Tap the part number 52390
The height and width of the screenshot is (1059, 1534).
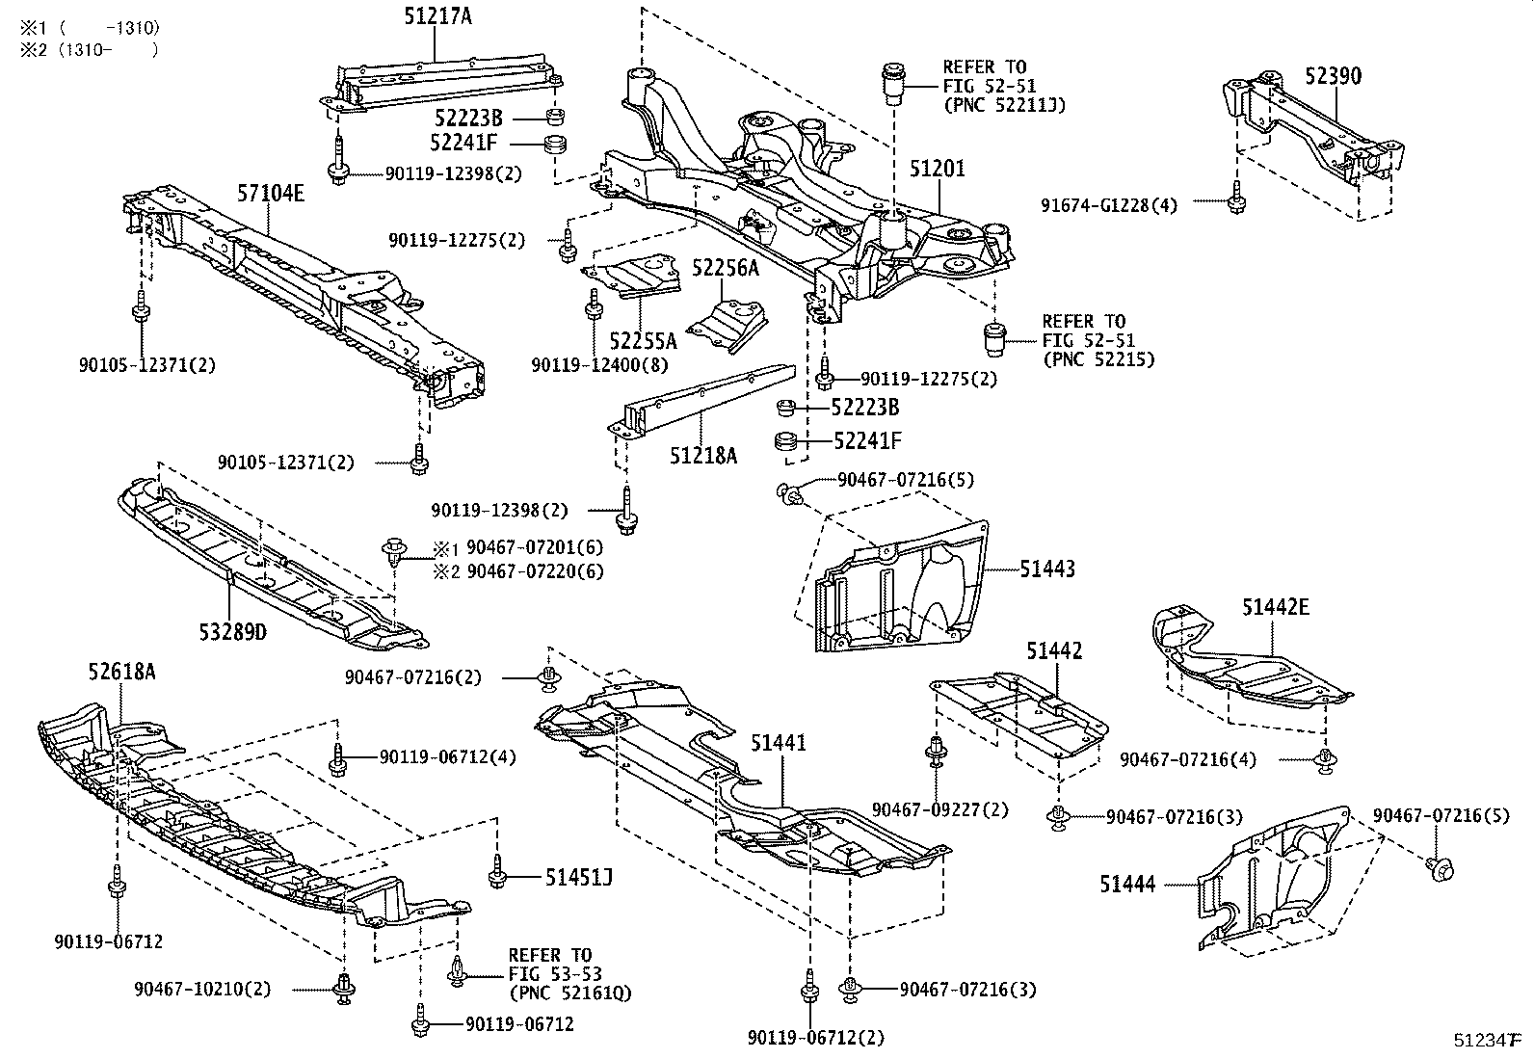point(1334,76)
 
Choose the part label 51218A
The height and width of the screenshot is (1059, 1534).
point(703,455)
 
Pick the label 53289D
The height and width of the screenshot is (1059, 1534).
point(232,633)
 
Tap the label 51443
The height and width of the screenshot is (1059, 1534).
point(1047,569)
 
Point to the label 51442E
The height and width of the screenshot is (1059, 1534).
point(1275,607)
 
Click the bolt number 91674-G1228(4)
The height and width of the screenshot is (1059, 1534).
point(1109,204)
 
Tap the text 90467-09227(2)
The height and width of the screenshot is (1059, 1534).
point(939,810)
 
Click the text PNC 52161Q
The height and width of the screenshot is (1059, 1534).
point(569,993)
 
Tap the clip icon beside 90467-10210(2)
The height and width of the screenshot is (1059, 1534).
point(343,988)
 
